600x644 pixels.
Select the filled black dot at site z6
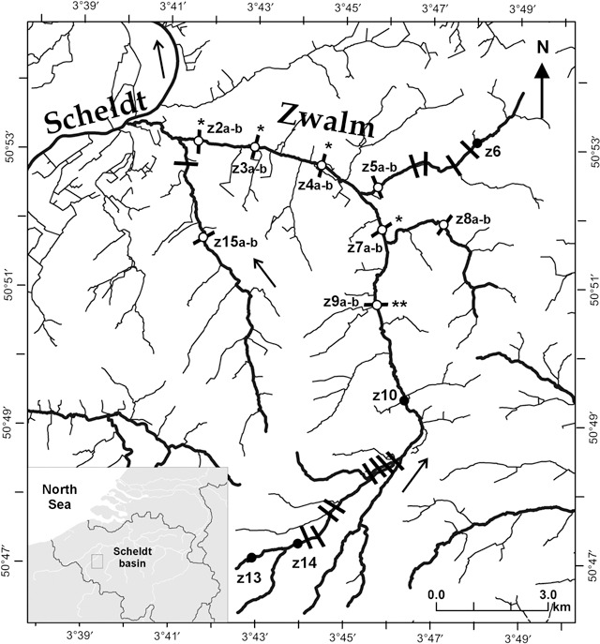point(476,142)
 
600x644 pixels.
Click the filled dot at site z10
point(405,400)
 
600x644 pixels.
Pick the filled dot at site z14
point(297,544)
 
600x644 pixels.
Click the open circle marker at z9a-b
point(377,305)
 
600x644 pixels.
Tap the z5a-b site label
point(380,167)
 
